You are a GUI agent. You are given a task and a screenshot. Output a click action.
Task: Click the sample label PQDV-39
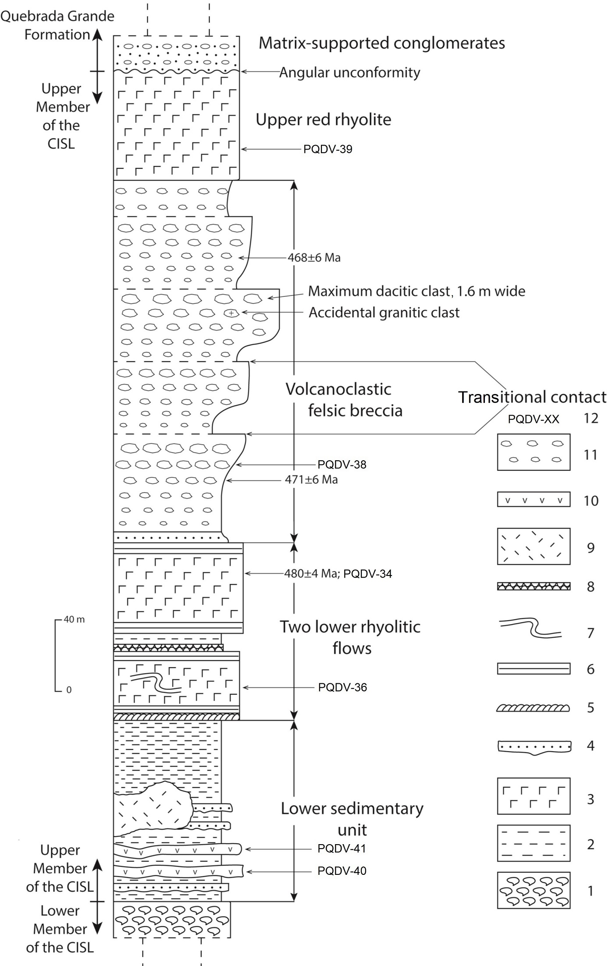(x=328, y=149)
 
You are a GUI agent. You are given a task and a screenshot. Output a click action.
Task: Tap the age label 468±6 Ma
(x=314, y=258)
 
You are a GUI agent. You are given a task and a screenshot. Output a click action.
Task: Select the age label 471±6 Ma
(x=311, y=480)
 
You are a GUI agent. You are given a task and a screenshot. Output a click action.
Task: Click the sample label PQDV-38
(x=342, y=465)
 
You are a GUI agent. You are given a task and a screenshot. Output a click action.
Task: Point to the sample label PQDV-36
(x=342, y=687)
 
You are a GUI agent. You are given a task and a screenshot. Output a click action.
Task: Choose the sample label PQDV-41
(x=342, y=849)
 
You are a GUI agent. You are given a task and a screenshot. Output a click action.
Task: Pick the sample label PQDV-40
(x=342, y=871)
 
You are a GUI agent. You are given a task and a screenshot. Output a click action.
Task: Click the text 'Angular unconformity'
(x=349, y=72)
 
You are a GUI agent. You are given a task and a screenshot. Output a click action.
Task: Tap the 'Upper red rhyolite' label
(x=324, y=120)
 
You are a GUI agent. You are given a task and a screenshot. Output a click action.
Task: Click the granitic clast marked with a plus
(x=231, y=313)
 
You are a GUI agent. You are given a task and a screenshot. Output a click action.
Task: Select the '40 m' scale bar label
(x=74, y=620)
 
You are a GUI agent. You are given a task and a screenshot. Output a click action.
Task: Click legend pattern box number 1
(x=534, y=890)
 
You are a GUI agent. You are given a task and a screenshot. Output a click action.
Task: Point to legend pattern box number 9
(x=534, y=546)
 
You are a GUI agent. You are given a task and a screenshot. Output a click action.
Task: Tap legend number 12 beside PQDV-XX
(x=591, y=418)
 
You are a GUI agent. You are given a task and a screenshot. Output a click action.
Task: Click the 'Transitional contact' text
(x=532, y=397)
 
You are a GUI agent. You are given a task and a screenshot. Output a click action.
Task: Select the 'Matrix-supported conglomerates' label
(x=381, y=43)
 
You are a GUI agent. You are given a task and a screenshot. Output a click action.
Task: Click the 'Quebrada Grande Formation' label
(x=57, y=25)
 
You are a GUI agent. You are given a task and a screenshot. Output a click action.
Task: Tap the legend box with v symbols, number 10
(x=534, y=500)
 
